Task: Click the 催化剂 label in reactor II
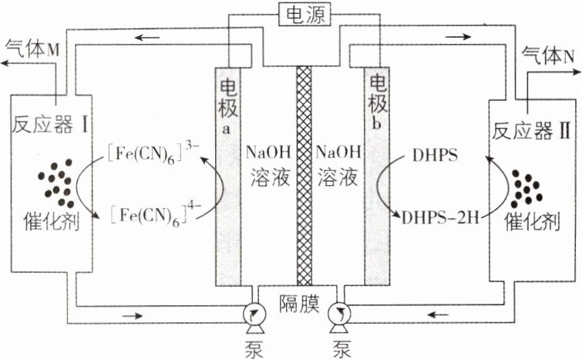[530, 225]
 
